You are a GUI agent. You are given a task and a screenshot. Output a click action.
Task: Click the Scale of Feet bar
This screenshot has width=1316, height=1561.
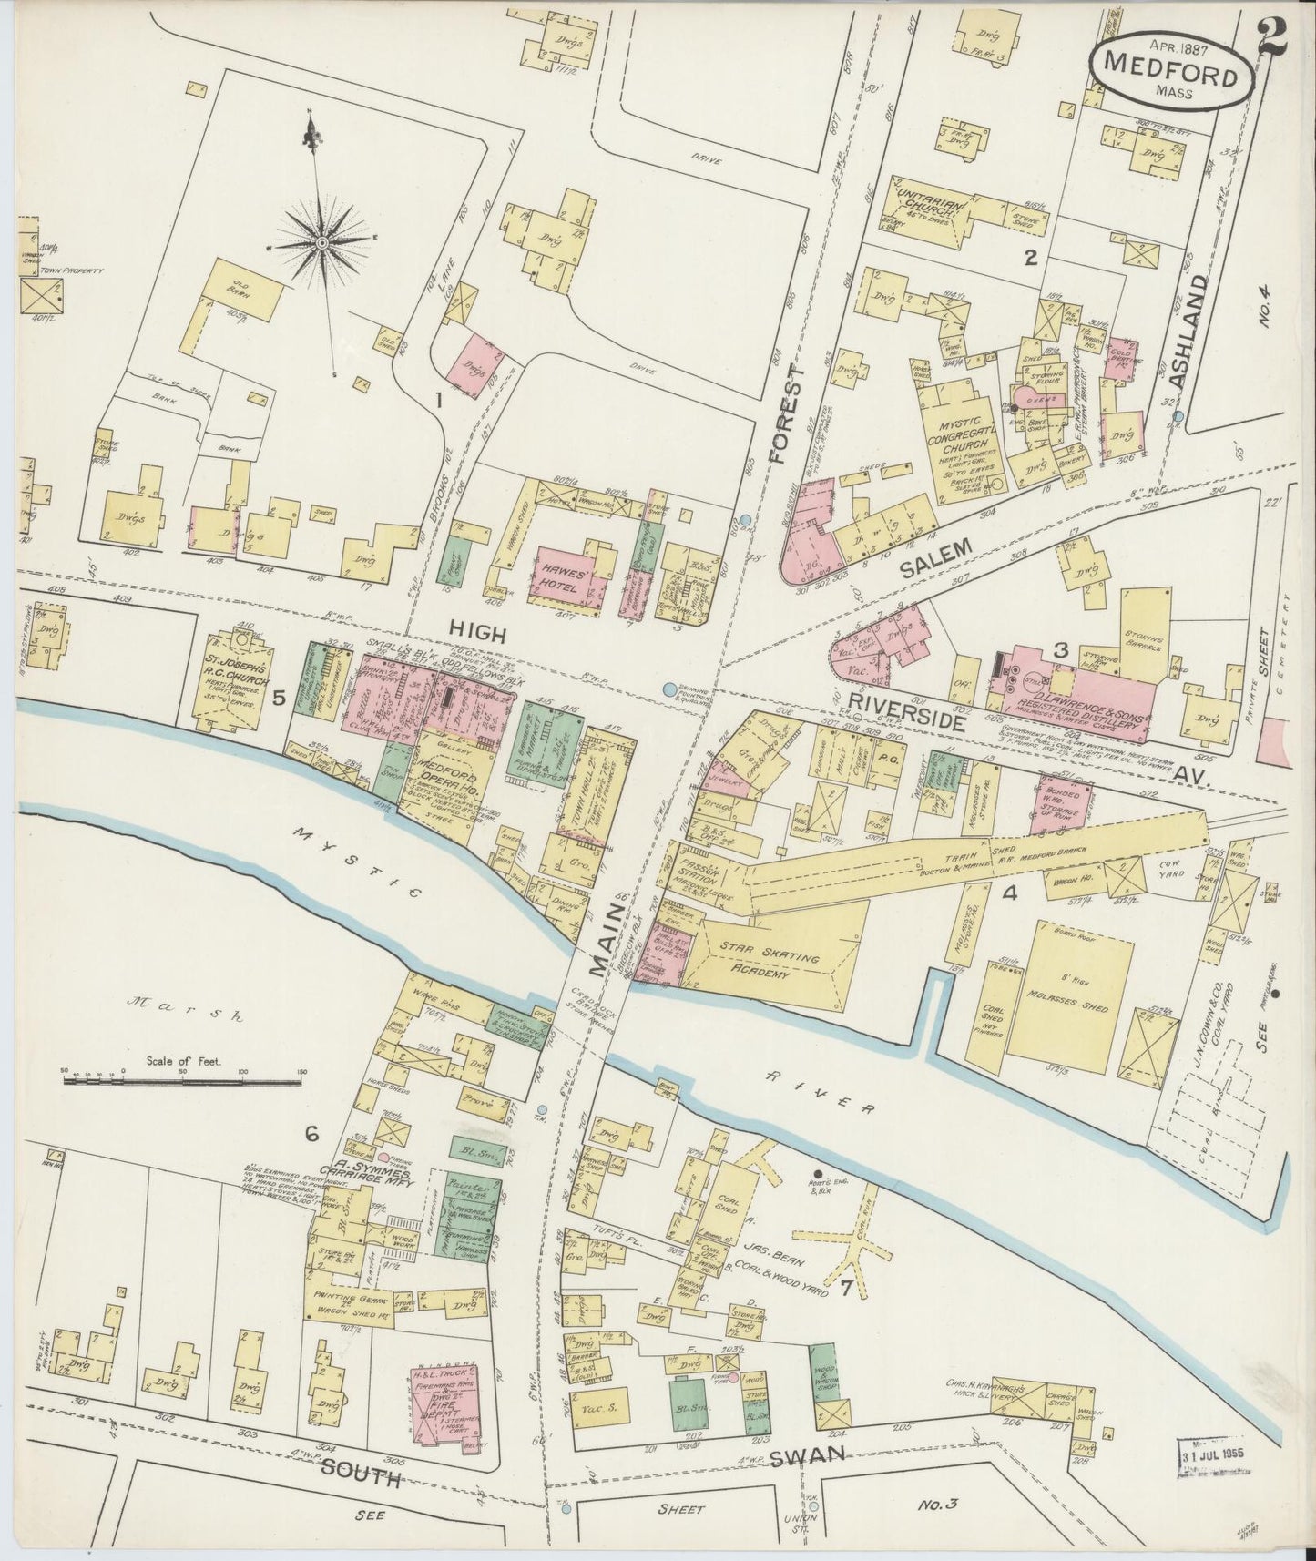pos(182,1082)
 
